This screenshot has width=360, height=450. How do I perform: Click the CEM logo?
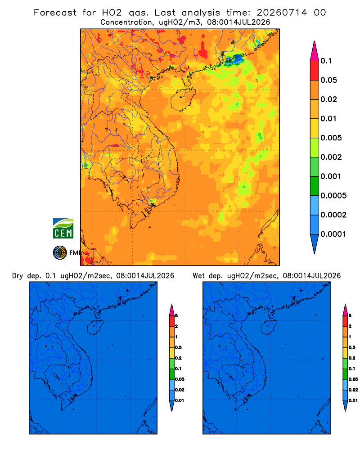tap(63, 229)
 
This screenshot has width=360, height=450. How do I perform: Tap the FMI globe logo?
tap(60, 252)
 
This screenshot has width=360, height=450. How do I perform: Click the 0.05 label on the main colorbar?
tap(328, 80)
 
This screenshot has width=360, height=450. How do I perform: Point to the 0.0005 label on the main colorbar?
tap(333, 196)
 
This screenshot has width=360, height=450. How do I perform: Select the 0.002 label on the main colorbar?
tap(331, 157)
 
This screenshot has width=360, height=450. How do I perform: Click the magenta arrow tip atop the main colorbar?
tap(315, 51)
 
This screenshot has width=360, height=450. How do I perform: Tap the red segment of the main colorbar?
tap(315, 71)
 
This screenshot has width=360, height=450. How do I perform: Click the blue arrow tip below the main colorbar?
tap(315, 243)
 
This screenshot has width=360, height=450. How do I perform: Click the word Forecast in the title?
tap(55, 13)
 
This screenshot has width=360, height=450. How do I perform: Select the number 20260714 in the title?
tap(282, 13)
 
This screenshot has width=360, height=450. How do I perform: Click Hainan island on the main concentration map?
tap(183, 99)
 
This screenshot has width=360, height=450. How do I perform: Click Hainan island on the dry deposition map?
tap(95, 328)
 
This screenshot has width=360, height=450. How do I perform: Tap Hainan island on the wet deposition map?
tap(269, 328)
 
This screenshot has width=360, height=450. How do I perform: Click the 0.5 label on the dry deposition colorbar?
tap(178, 347)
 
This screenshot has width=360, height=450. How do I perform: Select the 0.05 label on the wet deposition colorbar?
tap(353, 379)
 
